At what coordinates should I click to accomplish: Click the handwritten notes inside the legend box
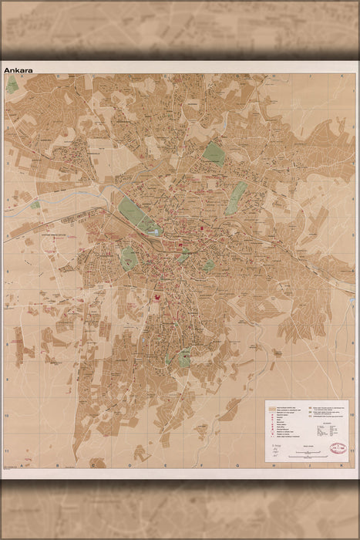[x=277, y=451]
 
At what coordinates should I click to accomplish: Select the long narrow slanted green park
[x=239, y=197]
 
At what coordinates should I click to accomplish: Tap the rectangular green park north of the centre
[x=214, y=154]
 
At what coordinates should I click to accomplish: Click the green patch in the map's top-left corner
[x=13, y=86]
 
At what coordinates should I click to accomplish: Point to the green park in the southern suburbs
[x=184, y=358]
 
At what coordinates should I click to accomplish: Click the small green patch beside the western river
[x=35, y=205]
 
